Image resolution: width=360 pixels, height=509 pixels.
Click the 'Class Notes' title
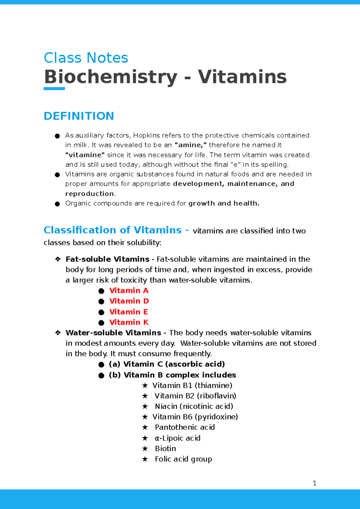point(86,58)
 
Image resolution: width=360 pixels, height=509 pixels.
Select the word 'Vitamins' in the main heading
point(242,77)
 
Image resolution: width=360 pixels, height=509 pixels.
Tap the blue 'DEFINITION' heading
point(79,116)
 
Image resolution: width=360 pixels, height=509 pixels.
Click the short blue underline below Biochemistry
point(54,89)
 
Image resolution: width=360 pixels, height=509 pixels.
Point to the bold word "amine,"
point(190,145)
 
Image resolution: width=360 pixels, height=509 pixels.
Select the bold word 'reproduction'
point(90,194)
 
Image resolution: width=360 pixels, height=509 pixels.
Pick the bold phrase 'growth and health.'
point(224,203)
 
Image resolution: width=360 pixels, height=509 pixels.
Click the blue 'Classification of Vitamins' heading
point(112,230)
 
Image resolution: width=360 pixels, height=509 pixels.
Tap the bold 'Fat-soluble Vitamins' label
point(107,259)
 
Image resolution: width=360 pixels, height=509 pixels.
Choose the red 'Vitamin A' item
point(129,290)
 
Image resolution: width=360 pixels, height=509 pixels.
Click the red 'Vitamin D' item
point(129,301)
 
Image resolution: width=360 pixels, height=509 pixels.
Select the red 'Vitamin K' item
point(129,322)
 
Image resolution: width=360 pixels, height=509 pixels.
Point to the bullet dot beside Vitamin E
point(101,312)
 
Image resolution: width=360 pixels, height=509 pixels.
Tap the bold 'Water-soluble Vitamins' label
point(113,333)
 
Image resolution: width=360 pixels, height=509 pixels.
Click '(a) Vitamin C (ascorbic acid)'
point(167,364)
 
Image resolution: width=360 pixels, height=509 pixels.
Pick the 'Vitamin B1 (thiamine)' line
point(192,385)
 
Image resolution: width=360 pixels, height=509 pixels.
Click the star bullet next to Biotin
point(145,449)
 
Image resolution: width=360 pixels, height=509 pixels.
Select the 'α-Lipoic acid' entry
point(178,438)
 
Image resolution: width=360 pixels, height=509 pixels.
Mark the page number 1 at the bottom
point(314,483)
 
